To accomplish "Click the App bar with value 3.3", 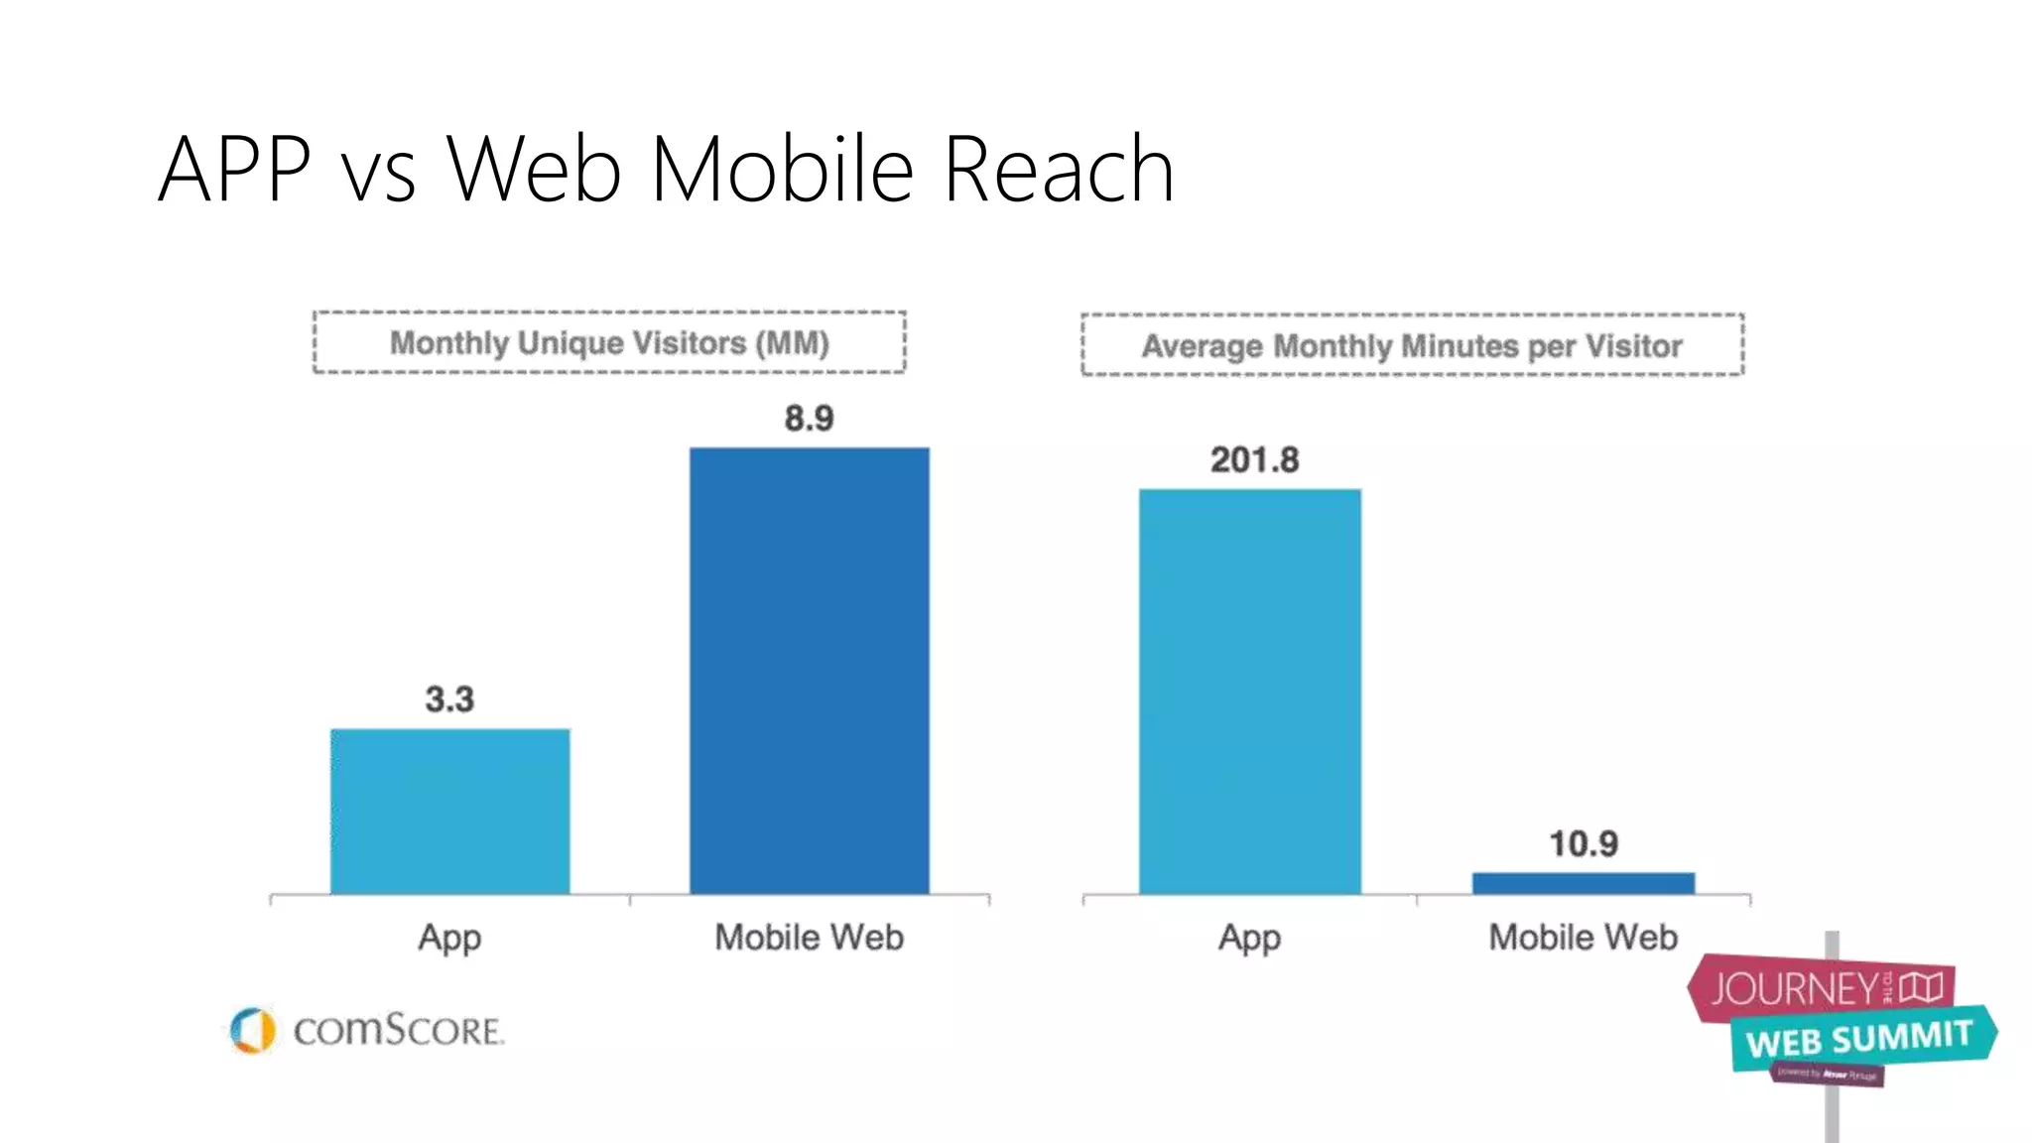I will (x=449, y=812).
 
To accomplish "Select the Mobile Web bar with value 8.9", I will (x=810, y=671).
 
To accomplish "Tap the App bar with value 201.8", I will (x=1249, y=692).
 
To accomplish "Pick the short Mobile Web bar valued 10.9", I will (x=1584, y=883).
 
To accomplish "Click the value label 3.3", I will (x=449, y=699).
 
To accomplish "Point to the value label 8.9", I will (x=809, y=419).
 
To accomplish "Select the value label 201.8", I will (x=1254, y=460).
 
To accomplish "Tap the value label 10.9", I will (x=1584, y=844).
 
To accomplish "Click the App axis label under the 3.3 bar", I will (x=449, y=938).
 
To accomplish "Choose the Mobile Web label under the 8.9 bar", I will (x=809, y=938).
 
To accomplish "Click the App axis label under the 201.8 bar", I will (x=1249, y=938).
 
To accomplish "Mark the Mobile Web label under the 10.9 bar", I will (x=1583, y=938).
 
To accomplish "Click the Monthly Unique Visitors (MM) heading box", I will (x=609, y=343).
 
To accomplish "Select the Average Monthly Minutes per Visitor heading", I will (x=1412, y=346).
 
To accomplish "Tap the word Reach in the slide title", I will (x=1058, y=170).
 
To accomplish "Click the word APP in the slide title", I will (x=234, y=170).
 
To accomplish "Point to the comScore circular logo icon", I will (x=252, y=1030).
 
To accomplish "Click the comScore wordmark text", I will (x=398, y=1031).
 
